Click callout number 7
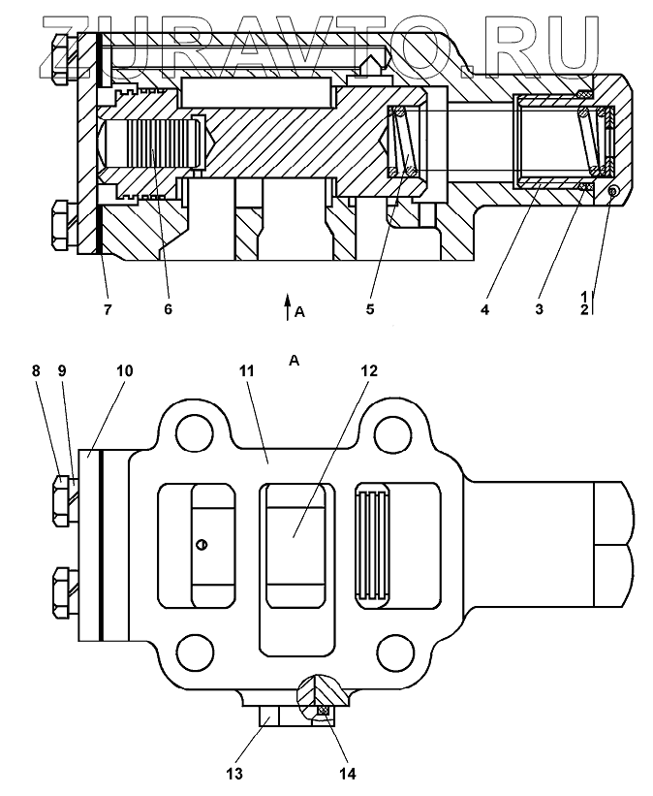[x=108, y=309]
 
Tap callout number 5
[x=370, y=309]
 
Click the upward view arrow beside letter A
[x=287, y=306]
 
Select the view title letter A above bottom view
[x=295, y=361]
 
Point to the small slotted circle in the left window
[x=201, y=545]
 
